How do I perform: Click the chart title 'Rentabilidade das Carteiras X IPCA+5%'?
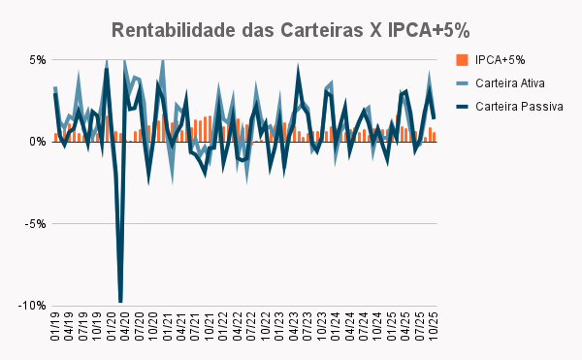click(291, 29)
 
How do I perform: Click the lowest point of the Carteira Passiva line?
click(120, 303)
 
